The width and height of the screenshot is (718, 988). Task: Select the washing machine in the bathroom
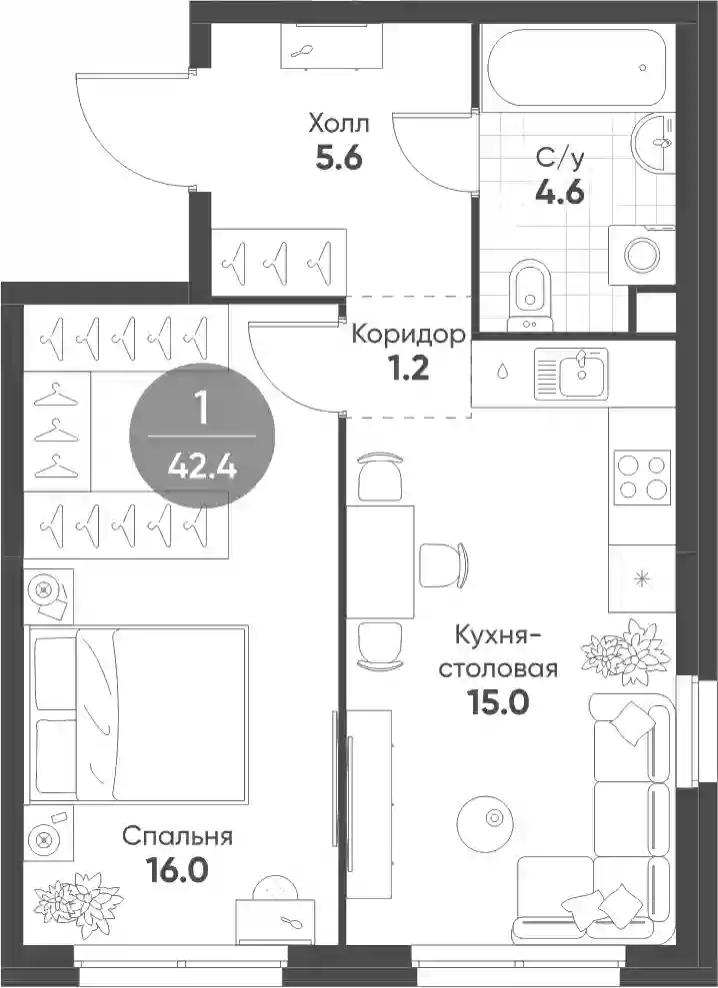[x=642, y=255]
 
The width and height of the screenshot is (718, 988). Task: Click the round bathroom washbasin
[x=652, y=142]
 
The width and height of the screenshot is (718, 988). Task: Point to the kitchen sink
[x=572, y=373]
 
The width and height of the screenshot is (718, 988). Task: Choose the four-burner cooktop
[x=642, y=477]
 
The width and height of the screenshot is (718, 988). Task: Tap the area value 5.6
[x=338, y=159]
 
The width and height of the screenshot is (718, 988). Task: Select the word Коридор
[x=409, y=336]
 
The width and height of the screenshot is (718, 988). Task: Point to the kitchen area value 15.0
[x=497, y=702]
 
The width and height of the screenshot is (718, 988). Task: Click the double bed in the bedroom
[x=137, y=714]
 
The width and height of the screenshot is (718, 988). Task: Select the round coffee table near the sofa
[x=485, y=820]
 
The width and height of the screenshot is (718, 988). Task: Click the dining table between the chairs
[x=380, y=561]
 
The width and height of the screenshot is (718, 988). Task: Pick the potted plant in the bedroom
[x=78, y=898]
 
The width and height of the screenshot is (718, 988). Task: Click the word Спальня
[x=177, y=837]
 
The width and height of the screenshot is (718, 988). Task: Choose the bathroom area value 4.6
[x=560, y=192]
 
